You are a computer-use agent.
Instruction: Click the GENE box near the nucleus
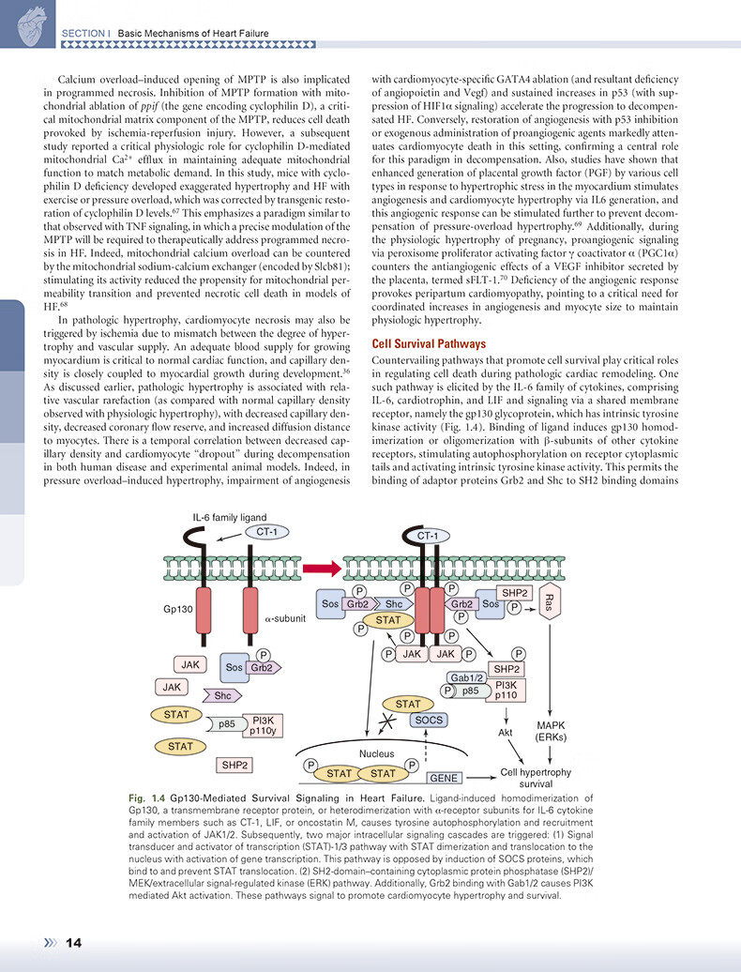point(444,778)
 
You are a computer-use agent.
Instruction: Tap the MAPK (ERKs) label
point(550,731)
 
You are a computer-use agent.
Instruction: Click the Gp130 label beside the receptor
point(178,609)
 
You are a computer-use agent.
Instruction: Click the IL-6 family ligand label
point(230,516)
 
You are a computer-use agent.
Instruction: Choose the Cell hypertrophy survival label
point(536,777)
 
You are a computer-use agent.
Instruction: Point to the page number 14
point(74,943)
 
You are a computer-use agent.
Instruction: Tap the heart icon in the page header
point(24,20)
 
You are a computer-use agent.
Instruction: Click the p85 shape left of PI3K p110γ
point(227,724)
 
